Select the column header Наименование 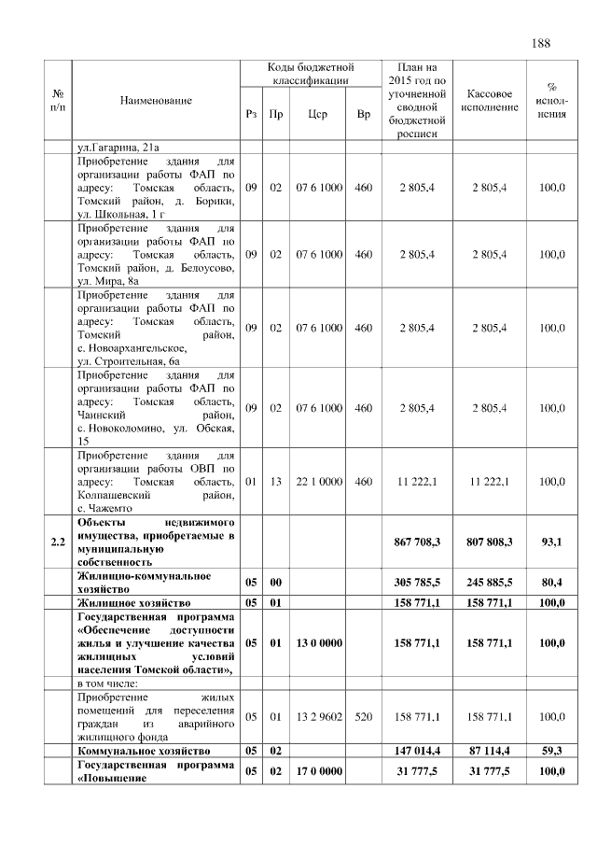[156, 99]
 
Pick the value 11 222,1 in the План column [417, 482]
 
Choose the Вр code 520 [364, 716]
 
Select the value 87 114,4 [493, 751]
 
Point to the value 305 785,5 [417, 583]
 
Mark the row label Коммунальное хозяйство [140, 751]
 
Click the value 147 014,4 [417, 751]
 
